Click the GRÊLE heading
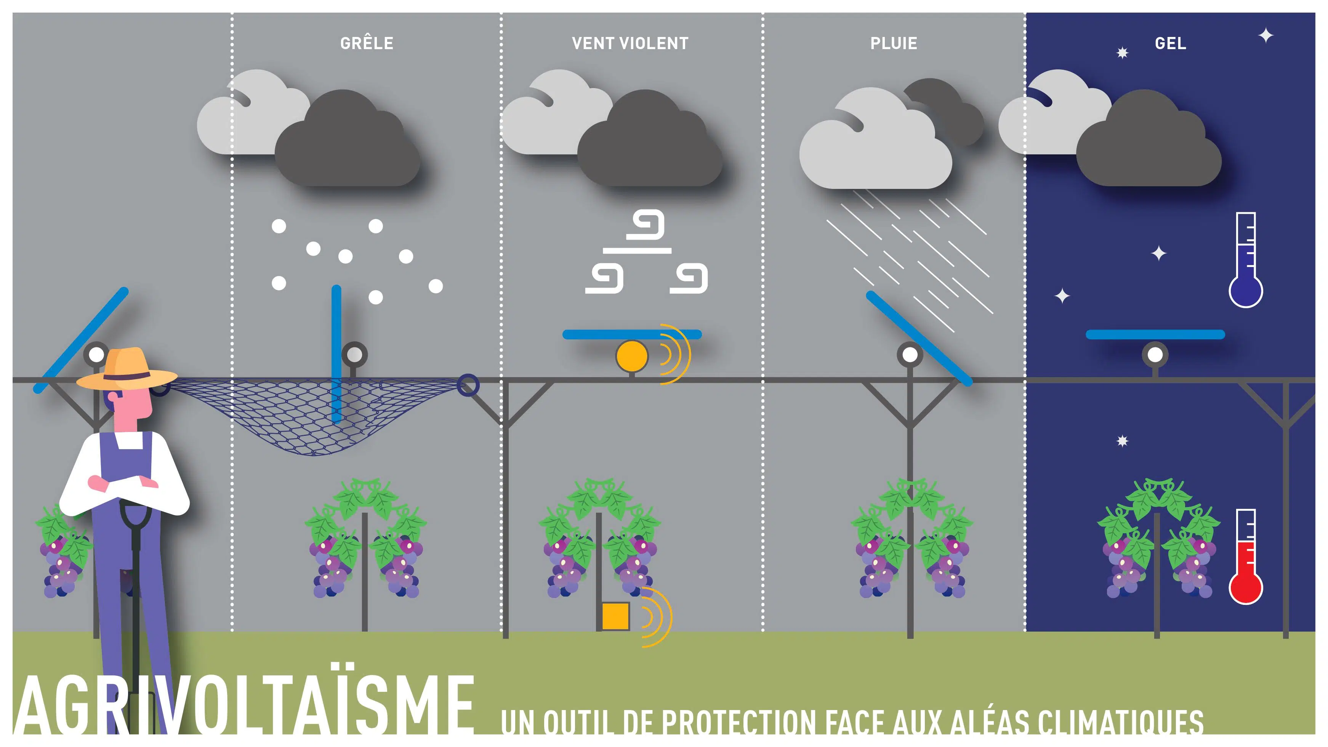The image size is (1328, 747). (x=367, y=43)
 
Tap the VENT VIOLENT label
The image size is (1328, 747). (x=630, y=43)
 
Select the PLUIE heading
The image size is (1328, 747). (x=894, y=43)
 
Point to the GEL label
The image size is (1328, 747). (x=1170, y=43)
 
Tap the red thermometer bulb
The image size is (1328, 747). (x=1246, y=587)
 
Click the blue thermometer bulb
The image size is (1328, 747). (x=1246, y=291)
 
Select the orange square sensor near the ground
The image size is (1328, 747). (x=615, y=616)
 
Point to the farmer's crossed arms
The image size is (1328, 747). (x=124, y=484)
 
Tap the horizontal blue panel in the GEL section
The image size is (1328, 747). (x=1155, y=334)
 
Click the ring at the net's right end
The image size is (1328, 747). (x=468, y=385)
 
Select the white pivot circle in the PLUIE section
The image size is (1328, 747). (x=910, y=354)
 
